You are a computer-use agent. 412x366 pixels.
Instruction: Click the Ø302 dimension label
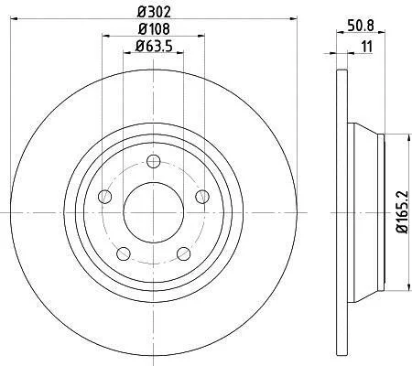point(154,12)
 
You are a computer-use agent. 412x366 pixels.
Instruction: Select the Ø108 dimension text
point(154,29)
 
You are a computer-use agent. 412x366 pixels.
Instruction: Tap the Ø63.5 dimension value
point(154,46)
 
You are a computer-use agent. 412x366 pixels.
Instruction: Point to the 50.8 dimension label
point(361,25)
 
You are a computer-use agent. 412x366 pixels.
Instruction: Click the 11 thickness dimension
point(367,47)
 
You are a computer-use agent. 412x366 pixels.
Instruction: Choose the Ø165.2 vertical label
point(402,211)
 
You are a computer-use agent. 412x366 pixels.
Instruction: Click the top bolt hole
point(153,161)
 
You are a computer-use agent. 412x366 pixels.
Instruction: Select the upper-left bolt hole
point(105,196)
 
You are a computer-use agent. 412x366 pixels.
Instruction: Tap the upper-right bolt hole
point(202,196)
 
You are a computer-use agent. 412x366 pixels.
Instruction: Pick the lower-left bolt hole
point(124,253)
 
